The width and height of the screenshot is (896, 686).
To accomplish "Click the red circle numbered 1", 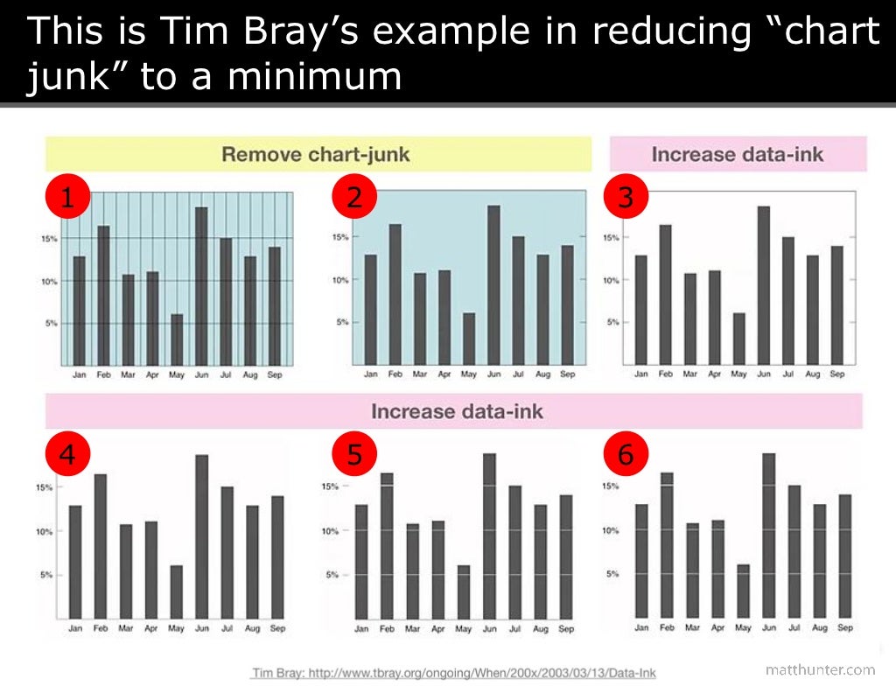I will (66, 198).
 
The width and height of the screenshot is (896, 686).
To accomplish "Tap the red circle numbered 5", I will (354, 454).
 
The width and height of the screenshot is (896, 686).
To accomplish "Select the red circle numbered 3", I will (625, 198).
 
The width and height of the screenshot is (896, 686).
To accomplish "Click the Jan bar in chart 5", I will (361, 561).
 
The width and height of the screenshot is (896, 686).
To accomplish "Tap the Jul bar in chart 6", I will (794, 550).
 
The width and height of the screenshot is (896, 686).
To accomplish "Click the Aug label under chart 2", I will (542, 374).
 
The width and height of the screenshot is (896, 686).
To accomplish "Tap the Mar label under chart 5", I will (412, 628).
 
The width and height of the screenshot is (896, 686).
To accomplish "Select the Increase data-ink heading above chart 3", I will (738, 155).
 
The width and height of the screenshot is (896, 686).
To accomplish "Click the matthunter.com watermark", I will (819, 669).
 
